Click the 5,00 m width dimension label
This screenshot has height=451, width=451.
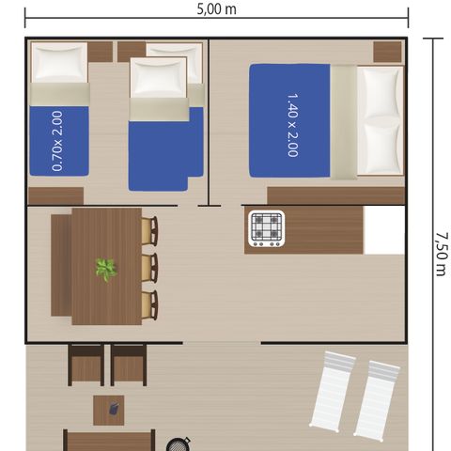pyautogui.click(x=217, y=8)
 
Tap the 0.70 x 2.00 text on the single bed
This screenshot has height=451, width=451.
pyautogui.click(x=58, y=141)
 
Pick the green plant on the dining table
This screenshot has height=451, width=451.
pyautogui.click(x=105, y=270)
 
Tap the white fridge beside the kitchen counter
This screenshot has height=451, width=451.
pyautogui.click(x=383, y=230)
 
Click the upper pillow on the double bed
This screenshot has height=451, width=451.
pyautogui.click(x=381, y=92)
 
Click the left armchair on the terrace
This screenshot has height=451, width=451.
pyautogui.click(x=86, y=365)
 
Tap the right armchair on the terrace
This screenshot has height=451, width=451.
pyautogui.click(x=129, y=365)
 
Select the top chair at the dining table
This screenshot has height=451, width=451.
pyautogui.click(x=148, y=231)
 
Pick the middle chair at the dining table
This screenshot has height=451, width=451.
pyautogui.click(x=148, y=267)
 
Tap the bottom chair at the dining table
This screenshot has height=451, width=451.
pyautogui.click(x=148, y=303)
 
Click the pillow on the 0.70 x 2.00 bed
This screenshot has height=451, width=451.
pyautogui.click(x=58, y=65)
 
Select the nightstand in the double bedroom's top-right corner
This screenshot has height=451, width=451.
pyautogui.click(x=387, y=51)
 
